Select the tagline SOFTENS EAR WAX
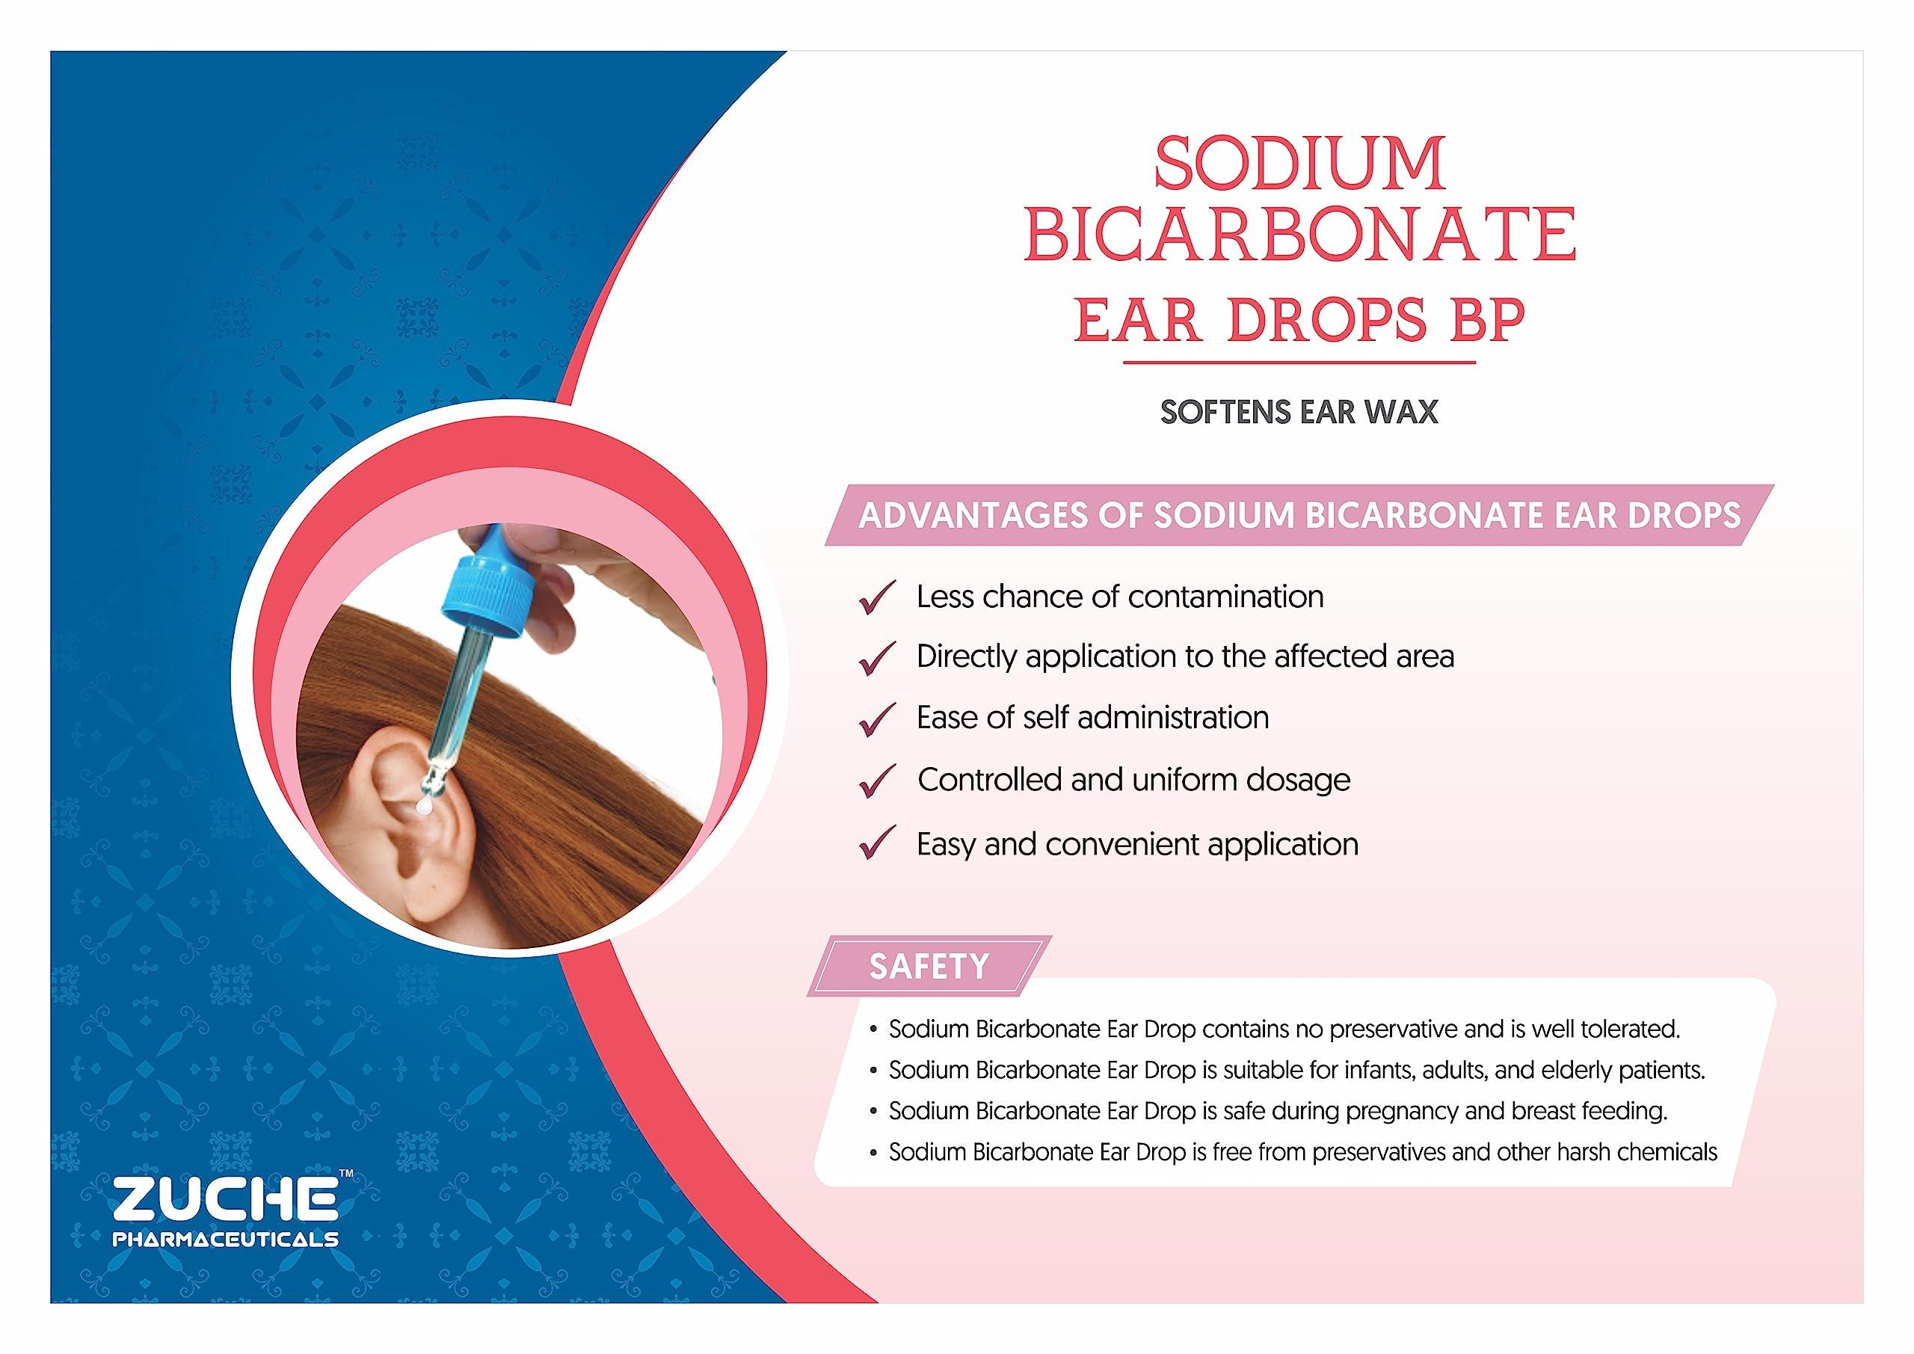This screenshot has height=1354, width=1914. tap(1299, 413)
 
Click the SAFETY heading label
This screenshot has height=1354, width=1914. tap(929, 966)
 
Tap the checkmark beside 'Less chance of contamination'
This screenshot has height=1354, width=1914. tap(877, 598)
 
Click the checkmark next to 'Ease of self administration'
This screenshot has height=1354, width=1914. tap(877, 718)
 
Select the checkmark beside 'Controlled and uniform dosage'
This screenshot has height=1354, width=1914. tap(877, 781)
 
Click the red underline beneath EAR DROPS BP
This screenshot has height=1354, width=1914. tap(1299, 363)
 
